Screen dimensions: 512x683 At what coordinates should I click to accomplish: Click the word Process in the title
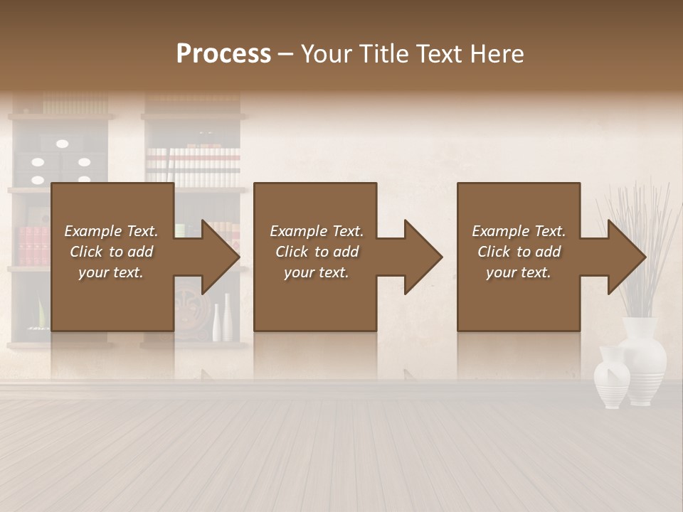223,54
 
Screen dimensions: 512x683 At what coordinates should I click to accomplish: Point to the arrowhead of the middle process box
422,257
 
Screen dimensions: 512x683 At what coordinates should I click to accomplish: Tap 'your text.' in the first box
111,272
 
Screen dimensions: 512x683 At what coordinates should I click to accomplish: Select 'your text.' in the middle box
317,272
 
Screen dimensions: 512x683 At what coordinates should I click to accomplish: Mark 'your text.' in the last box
519,272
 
